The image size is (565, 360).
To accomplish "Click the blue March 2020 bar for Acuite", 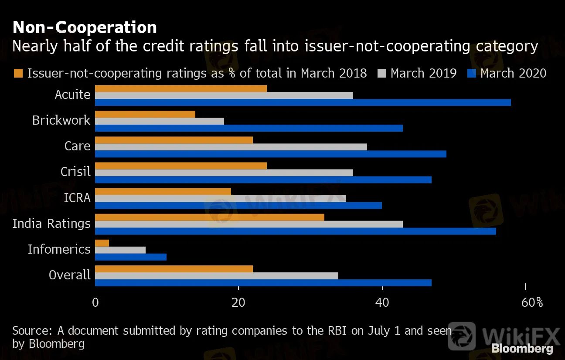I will tap(303, 102).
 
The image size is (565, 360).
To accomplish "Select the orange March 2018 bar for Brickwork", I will tap(145, 114).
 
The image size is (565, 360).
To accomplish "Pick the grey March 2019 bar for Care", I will tap(231, 147).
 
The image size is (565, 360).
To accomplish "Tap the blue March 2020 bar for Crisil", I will tap(263, 180).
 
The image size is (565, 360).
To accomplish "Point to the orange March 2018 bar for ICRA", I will tap(163, 191).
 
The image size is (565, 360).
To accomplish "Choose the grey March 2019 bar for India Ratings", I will tap(248, 224).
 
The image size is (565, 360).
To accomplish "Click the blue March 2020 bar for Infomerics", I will tap(131, 257).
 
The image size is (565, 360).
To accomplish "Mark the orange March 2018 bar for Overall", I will tap(174, 268).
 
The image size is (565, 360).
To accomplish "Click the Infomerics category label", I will tap(59, 249).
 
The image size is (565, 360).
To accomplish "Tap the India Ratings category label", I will tap(51, 224).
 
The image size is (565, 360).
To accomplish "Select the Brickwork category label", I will tap(61, 120).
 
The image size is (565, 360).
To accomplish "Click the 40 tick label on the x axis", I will tap(382, 302).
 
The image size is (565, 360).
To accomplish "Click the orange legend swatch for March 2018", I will tap(18, 73).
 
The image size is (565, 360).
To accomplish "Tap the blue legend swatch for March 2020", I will tap(471, 73).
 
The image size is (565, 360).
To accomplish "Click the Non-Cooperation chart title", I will tap(85, 28).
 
